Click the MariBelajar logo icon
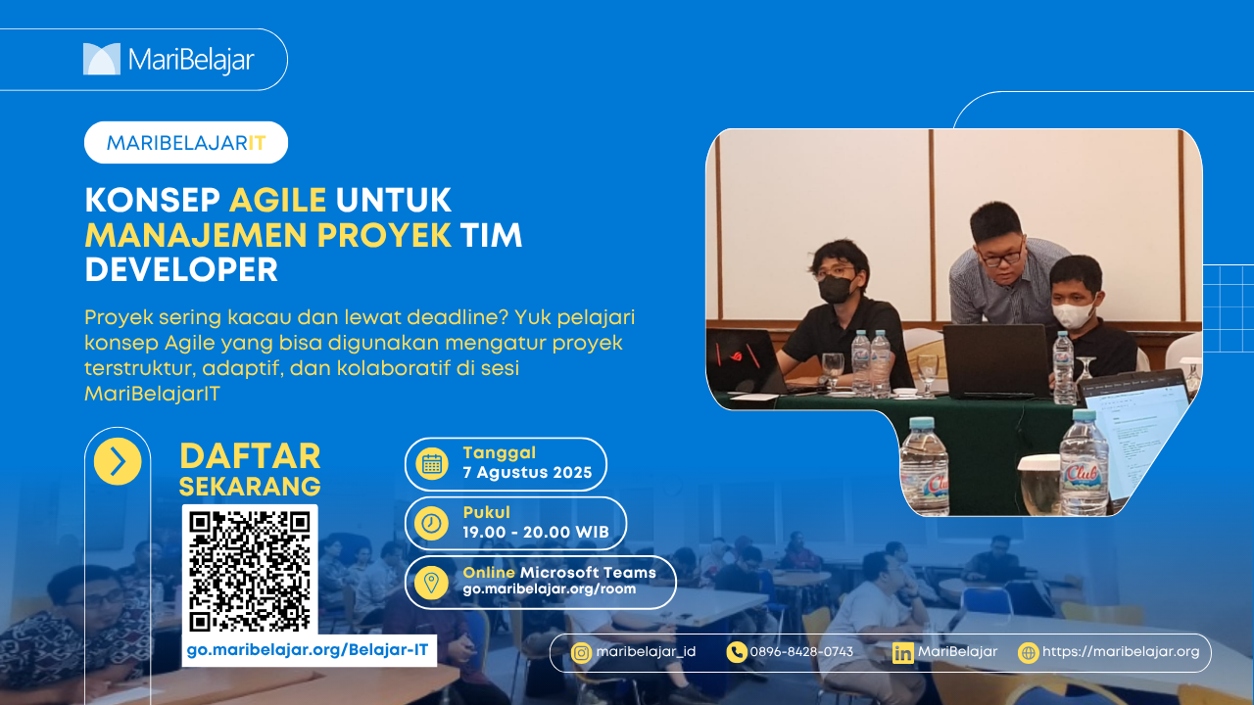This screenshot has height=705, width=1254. (x=102, y=59)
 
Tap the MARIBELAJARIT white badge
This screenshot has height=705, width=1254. (x=186, y=143)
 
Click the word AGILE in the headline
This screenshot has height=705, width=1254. (x=277, y=200)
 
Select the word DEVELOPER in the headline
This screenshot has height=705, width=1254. (x=181, y=269)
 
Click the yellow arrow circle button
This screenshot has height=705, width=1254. (x=118, y=461)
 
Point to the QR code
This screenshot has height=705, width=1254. (x=250, y=571)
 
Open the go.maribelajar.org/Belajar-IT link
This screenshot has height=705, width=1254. (x=308, y=650)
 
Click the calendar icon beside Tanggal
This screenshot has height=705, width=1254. (x=432, y=464)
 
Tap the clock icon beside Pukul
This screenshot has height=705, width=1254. (x=432, y=523)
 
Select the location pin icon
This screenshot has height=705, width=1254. (x=432, y=583)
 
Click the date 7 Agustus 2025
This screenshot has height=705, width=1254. (x=527, y=473)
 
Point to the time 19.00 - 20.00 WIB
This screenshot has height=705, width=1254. (x=536, y=532)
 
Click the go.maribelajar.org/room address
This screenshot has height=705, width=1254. (x=550, y=589)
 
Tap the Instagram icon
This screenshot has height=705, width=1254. (x=581, y=652)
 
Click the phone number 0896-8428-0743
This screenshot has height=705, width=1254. (x=801, y=652)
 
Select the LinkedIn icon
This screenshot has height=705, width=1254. (x=903, y=653)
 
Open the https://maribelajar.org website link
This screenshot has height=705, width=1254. (x=1121, y=652)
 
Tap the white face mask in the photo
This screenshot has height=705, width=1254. (x=1072, y=314)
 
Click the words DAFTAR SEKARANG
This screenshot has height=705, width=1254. (x=250, y=470)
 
